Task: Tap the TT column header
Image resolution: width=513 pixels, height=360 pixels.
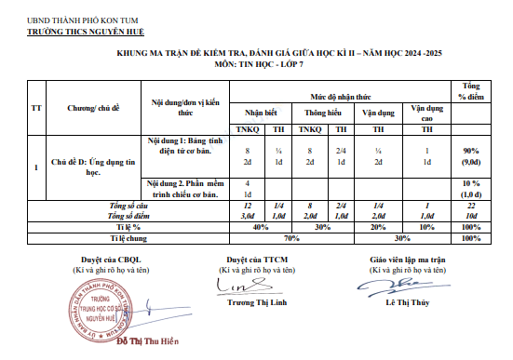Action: point(36,107)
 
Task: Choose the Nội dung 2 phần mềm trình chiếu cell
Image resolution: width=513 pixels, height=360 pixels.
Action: point(184,189)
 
